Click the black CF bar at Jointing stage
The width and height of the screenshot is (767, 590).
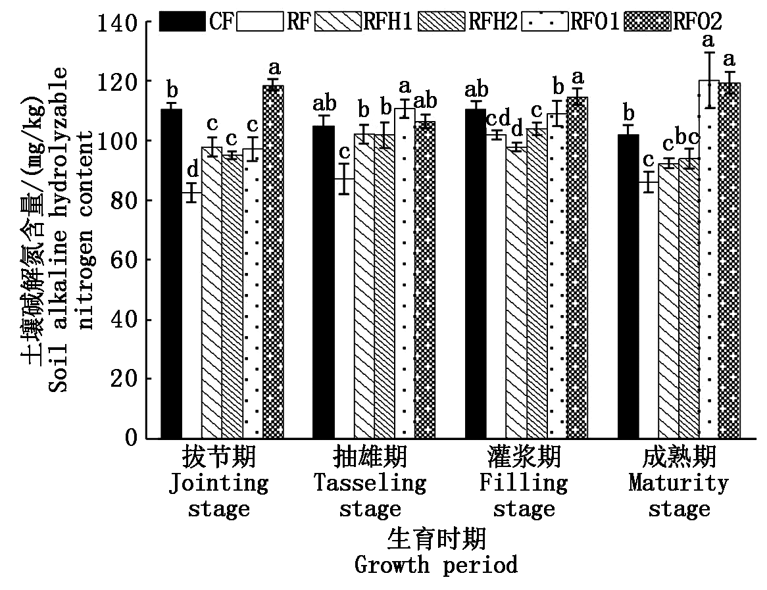[171, 274]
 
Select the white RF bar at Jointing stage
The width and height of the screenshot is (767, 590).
[192, 315]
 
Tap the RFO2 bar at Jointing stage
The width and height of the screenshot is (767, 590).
[273, 262]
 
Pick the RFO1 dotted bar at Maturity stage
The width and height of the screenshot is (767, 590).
[708, 259]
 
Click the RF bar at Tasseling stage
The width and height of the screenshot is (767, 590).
[345, 308]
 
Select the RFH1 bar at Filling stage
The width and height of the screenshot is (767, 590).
[516, 293]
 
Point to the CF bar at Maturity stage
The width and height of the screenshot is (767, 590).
[628, 286]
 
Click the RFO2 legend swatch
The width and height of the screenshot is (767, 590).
[647, 22]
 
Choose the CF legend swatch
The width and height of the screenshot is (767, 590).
[182, 22]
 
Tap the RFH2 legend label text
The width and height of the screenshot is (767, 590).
[493, 22]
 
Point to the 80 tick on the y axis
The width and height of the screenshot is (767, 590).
[146, 201]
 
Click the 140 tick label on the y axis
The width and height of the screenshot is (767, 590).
[117, 23]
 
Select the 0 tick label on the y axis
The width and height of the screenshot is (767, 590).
[131, 437]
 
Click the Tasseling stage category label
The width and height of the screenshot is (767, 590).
[370, 482]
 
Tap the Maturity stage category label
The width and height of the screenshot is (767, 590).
[679, 482]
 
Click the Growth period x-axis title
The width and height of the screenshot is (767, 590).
[436, 551]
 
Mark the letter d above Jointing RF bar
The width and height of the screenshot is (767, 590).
[193, 170]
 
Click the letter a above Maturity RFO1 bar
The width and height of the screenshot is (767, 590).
[708, 41]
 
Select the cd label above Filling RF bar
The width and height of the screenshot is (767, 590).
[498, 118]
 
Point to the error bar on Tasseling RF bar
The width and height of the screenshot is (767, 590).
[345, 179]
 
